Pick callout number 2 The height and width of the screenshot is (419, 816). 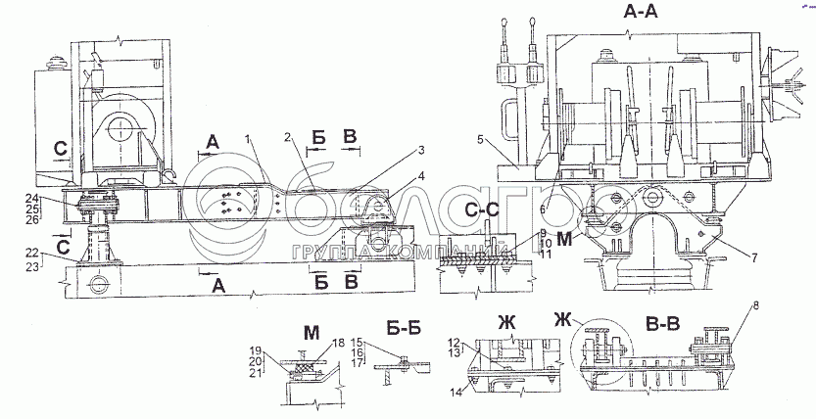[x=290, y=136]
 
